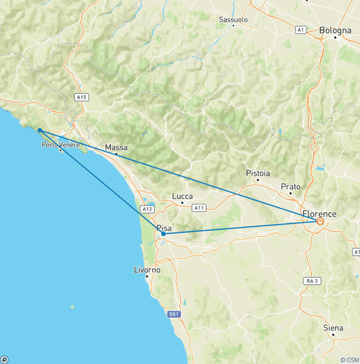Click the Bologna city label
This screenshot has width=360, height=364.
pos(335,30)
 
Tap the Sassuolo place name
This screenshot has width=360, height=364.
pos(233,20)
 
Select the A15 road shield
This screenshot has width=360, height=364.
pos(82,97)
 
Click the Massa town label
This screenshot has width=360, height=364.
pos(116,147)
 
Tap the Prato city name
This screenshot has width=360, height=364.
pos(290,187)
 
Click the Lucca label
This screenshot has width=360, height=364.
pos(182,197)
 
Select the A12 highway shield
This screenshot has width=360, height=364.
pos(147,209)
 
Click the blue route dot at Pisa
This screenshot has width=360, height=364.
pos(163,234)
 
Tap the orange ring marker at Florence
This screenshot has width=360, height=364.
pos(320,221)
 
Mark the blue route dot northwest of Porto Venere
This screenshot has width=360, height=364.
pos(40,130)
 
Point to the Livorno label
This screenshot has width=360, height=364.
pos(147,270)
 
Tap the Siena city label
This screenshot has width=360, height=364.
pos(333,328)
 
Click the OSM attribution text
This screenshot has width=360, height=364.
pos(350,360)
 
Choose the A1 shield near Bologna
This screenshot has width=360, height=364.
pos(301,30)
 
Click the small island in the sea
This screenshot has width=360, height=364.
pos(72,307)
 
